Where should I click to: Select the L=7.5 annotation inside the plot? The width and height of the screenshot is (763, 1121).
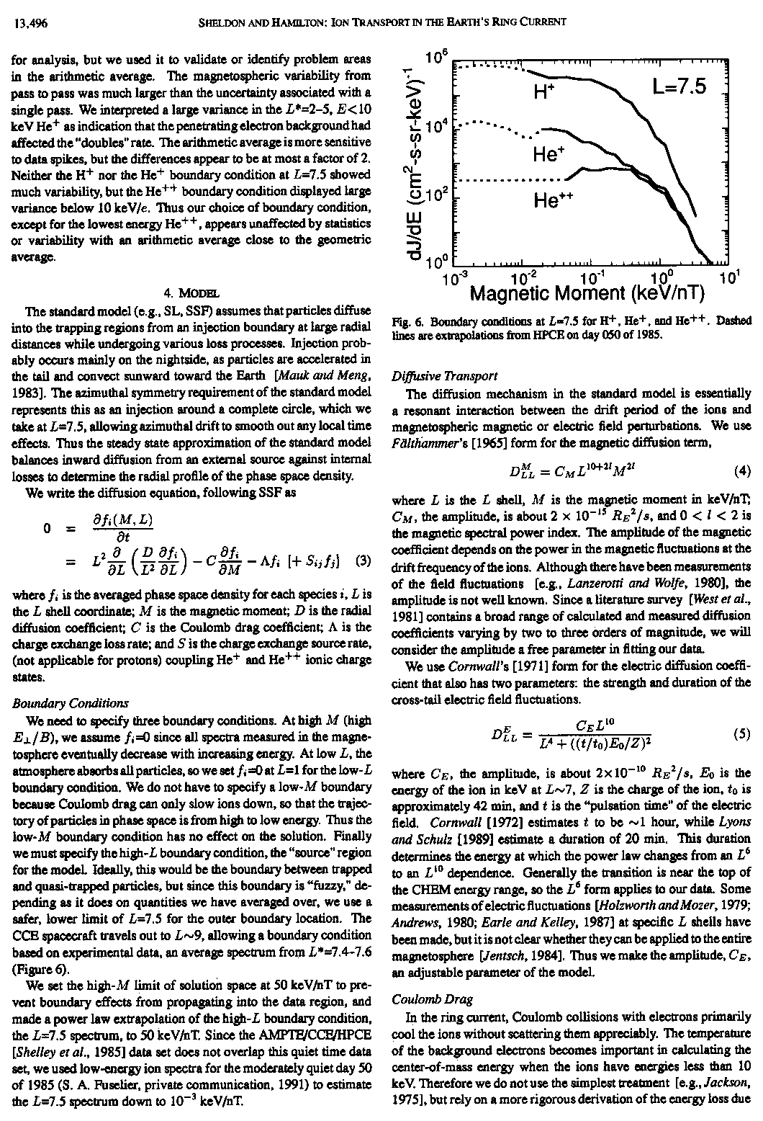point(680,86)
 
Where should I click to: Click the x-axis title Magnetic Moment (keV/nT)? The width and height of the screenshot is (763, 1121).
point(587,293)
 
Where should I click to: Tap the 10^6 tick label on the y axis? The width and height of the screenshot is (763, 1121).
point(437,59)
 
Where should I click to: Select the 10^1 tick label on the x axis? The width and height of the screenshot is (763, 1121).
point(729,277)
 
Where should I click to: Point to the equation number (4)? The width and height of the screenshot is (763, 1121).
point(742,472)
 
